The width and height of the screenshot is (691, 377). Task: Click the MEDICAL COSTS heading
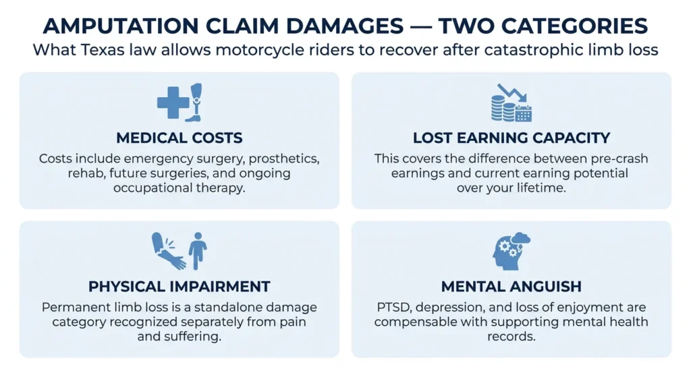[x=179, y=138]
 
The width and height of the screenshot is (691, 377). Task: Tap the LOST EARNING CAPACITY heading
[x=512, y=138]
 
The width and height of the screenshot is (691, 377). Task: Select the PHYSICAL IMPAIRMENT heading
[x=179, y=287]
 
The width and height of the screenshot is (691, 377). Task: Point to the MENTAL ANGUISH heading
[x=512, y=287]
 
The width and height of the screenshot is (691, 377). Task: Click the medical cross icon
[x=173, y=103]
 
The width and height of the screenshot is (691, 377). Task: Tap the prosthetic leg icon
[x=194, y=103]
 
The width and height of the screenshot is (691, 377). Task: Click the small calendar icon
[x=524, y=113]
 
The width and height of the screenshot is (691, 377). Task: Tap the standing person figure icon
[x=198, y=251]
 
